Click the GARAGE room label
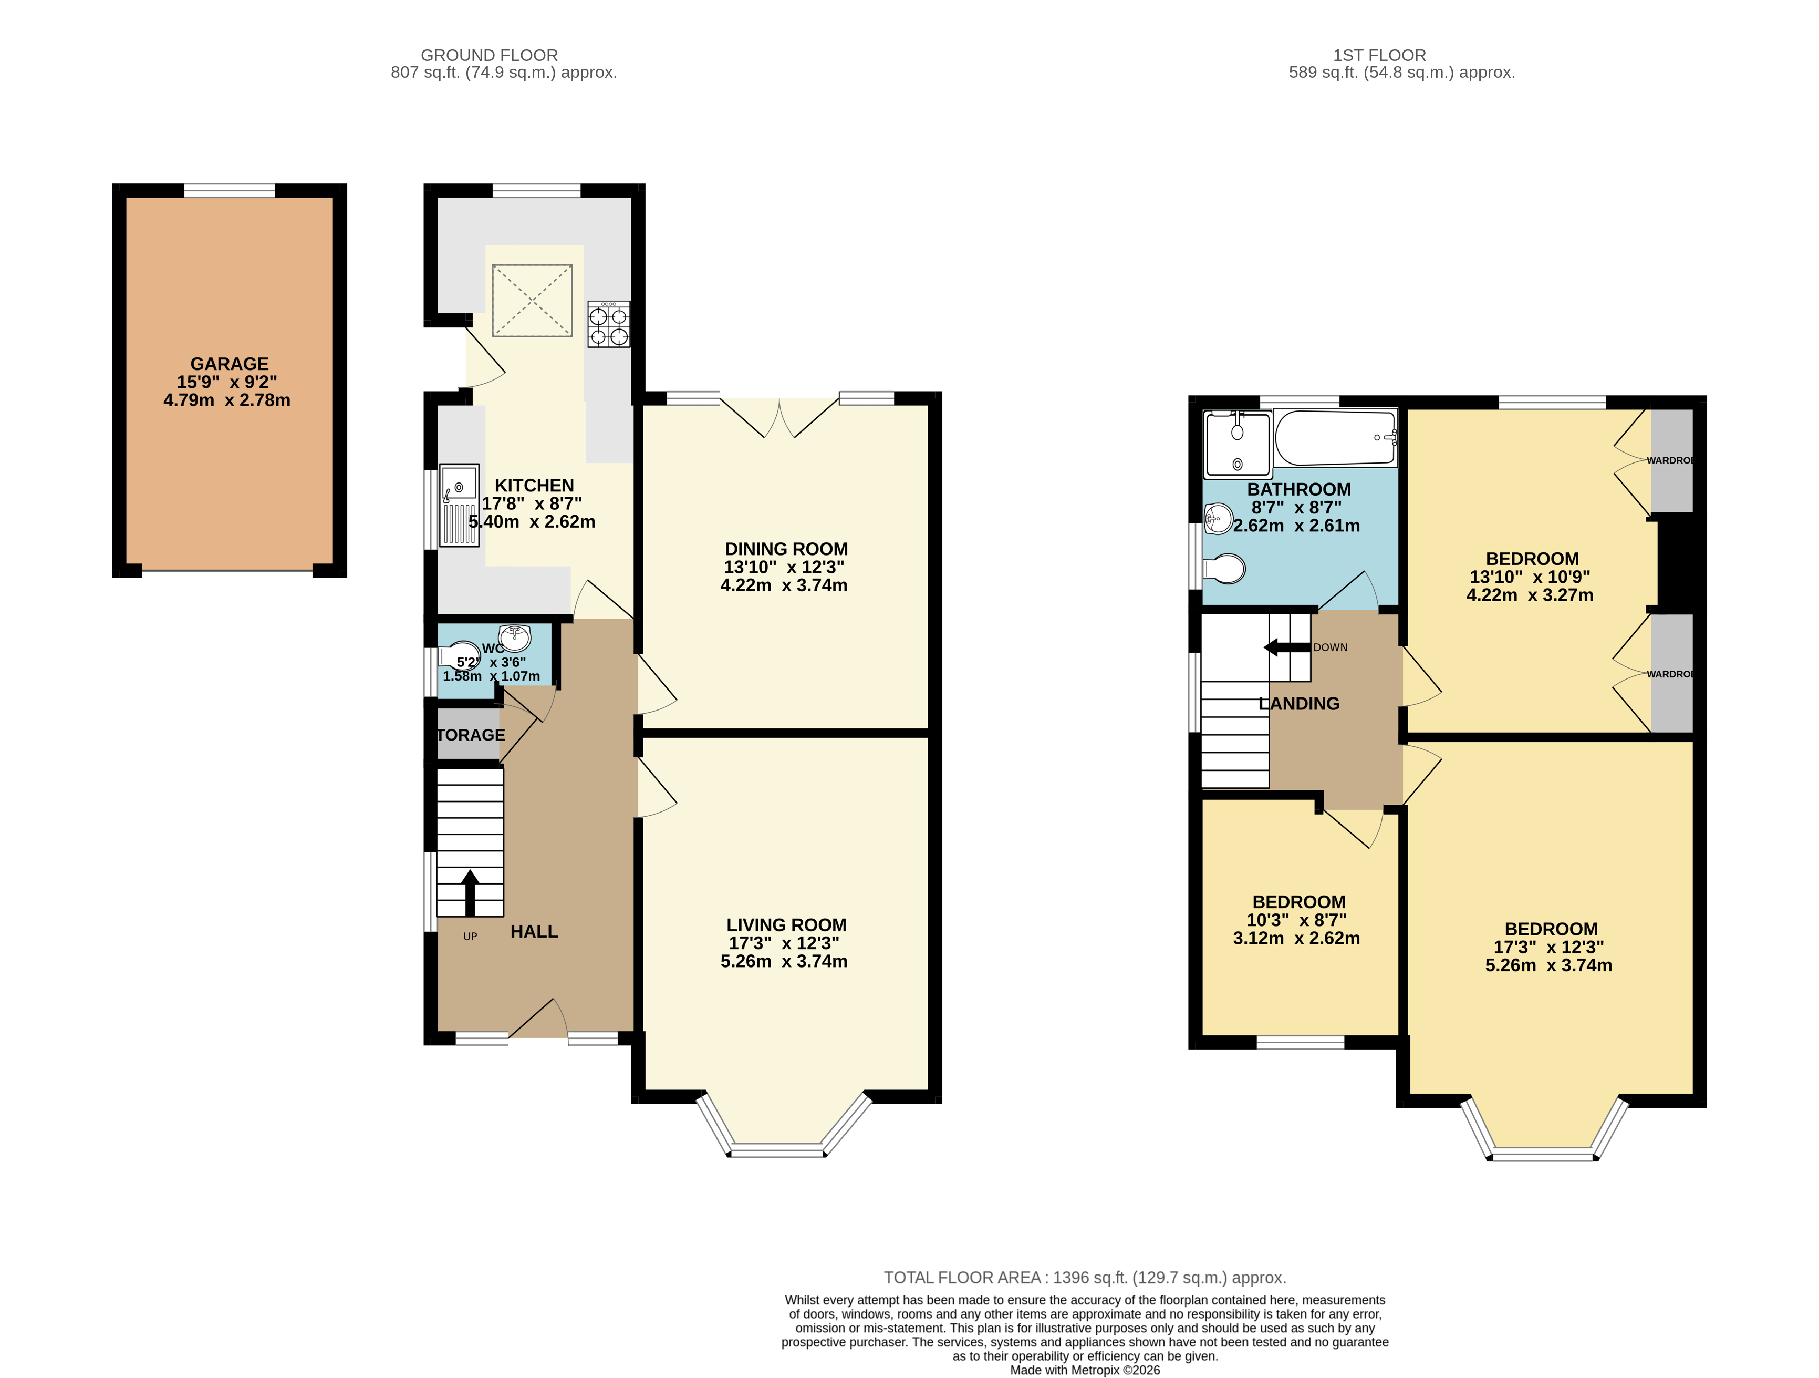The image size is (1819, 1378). click(230, 364)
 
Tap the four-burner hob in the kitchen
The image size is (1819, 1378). click(609, 324)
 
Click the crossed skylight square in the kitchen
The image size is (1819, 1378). click(532, 300)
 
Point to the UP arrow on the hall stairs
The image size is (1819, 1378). click(470, 892)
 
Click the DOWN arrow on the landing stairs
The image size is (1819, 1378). click(1287, 647)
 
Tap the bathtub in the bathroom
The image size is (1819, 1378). click(1335, 438)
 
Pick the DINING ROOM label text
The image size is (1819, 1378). click(786, 549)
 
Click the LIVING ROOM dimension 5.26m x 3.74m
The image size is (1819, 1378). click(784, 961)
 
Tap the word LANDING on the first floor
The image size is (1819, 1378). click(1300, 703)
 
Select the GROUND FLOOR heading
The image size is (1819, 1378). click(490, 55)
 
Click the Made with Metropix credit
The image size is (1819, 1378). click(1085, 1370)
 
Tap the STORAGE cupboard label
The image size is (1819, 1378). click(470, 735)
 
